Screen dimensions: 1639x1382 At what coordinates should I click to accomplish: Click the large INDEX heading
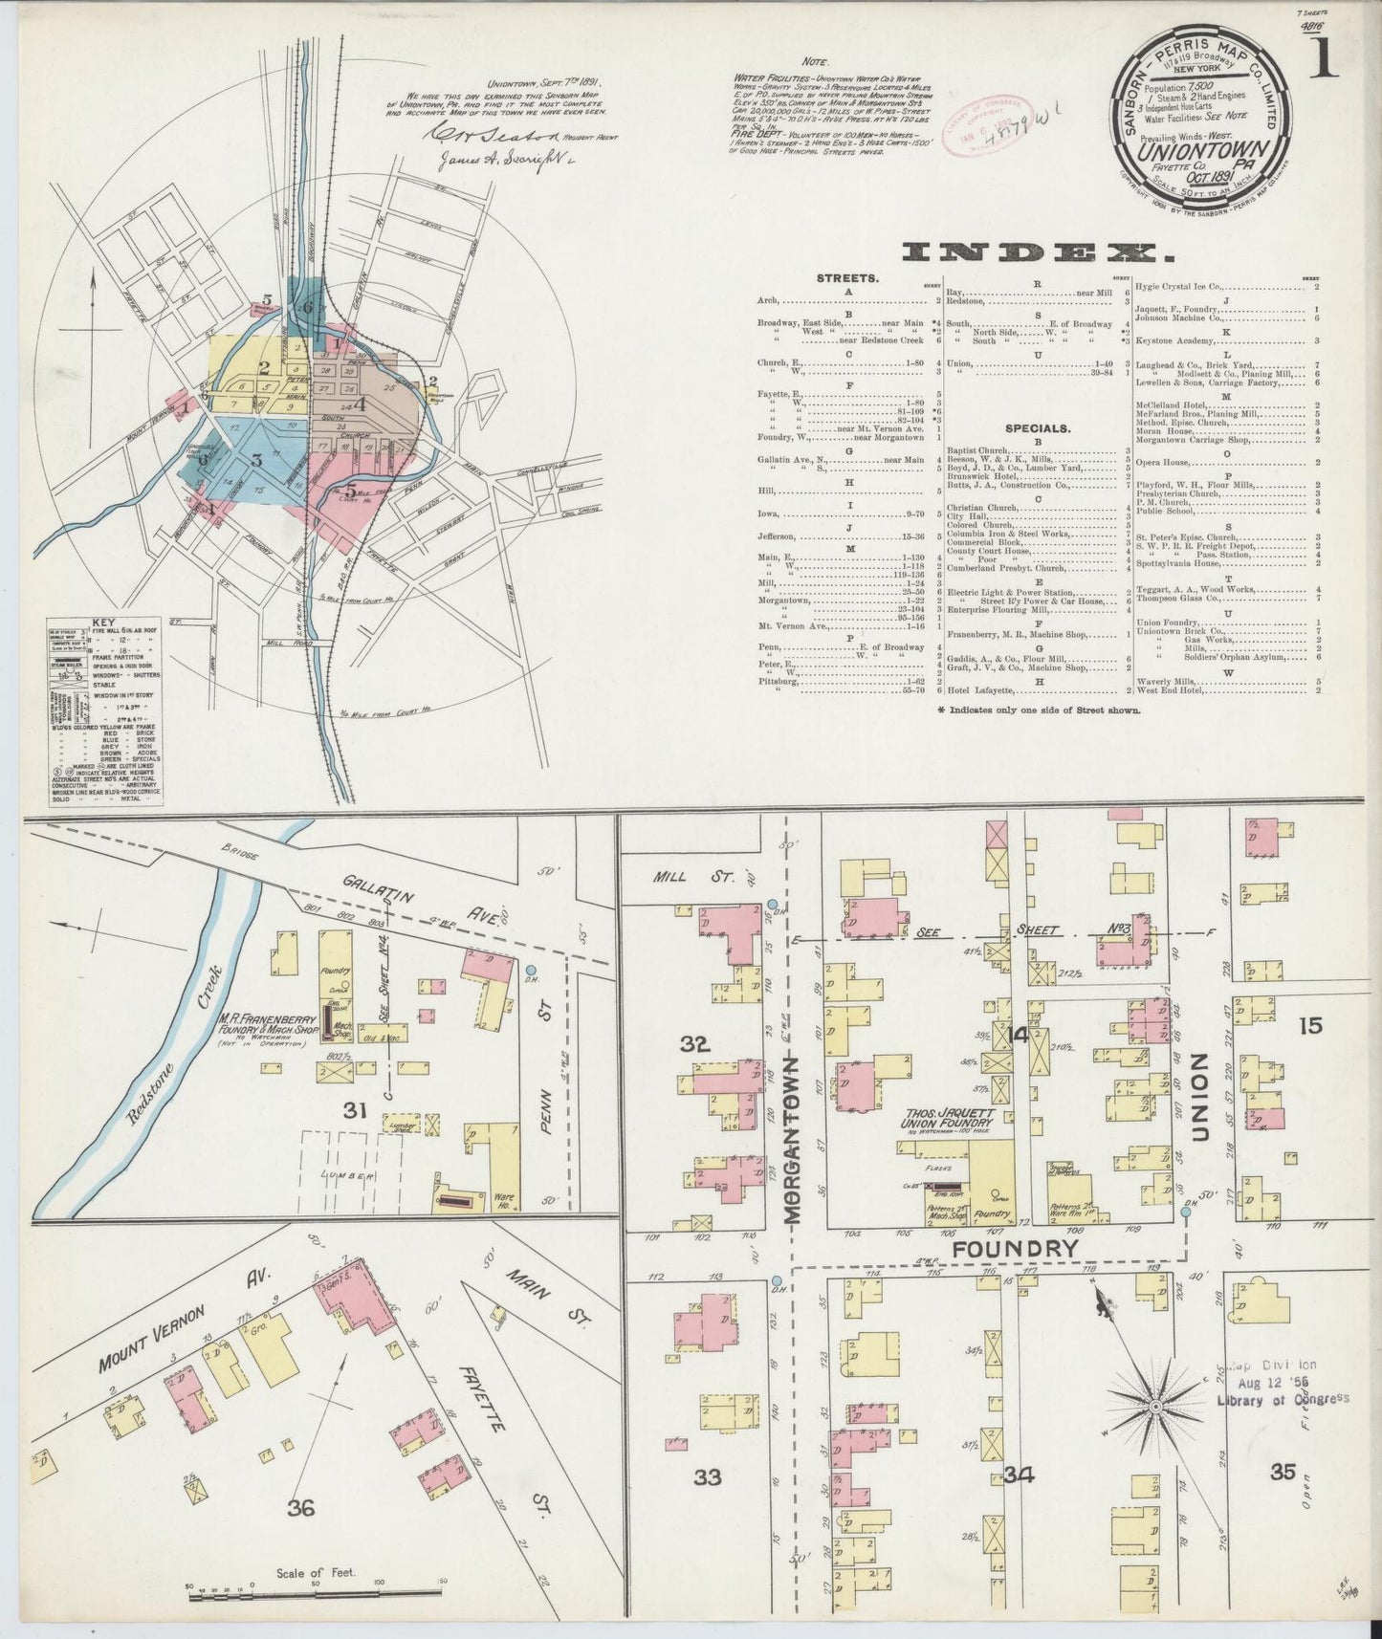1038,252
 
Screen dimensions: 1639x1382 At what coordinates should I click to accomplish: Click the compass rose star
1155,1407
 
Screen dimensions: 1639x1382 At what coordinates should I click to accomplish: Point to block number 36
300,1508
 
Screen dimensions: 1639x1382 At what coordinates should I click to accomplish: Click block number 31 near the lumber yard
356,1109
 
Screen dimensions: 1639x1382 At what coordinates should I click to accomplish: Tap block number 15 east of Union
1310,1026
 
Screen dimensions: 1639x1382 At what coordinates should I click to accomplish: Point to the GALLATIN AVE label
421,901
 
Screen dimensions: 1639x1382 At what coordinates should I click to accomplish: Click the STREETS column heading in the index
847,278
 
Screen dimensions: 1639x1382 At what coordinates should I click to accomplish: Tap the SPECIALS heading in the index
1038,428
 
